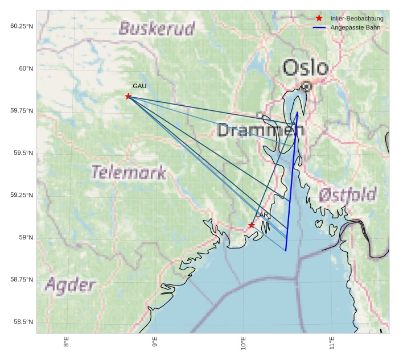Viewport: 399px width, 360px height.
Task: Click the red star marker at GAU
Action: [128, 97]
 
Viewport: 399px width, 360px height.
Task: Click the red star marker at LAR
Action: [251, 225]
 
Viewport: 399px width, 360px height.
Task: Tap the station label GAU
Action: [139, 86]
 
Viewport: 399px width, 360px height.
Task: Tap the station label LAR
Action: [262, 215]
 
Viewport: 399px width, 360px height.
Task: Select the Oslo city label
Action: [305, 68]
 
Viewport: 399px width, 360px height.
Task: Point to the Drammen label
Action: [261, 130]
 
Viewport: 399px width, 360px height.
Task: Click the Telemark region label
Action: [129, 172]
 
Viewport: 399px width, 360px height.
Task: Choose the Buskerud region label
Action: [157, 28]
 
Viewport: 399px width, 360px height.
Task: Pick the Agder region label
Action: [70, 285]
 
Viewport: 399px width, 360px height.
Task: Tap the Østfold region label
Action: [347, 195]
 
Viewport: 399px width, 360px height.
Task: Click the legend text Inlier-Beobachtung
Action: [357, 19]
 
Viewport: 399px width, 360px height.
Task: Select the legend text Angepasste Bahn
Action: [355, 27]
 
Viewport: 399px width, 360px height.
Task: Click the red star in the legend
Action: [319, 19]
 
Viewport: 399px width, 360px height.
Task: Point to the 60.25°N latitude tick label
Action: [22, 26]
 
